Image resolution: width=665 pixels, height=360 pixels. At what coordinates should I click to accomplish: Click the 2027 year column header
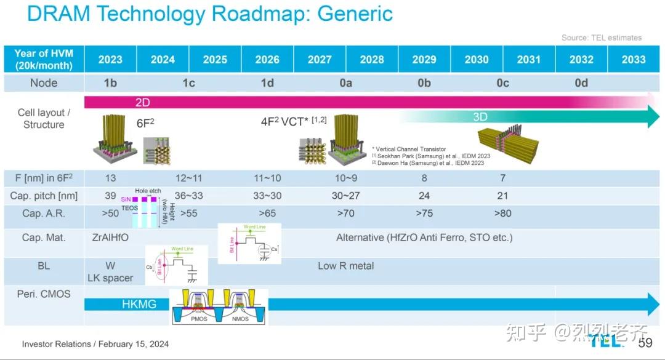tap(320, 60)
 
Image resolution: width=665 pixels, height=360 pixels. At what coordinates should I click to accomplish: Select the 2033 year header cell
tap(634, 60)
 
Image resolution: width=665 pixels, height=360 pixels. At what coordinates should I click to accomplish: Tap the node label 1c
tap(188, 83)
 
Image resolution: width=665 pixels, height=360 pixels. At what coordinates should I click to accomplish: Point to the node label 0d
tap(581, 83)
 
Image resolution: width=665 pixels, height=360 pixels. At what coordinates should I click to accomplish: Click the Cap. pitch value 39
tap(110, 196)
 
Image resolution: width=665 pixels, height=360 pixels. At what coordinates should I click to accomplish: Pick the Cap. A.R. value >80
tap(502, 214)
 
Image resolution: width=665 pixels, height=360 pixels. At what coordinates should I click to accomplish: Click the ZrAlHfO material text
tap(110, 237)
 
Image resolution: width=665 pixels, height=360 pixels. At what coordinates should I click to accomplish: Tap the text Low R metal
tap(345, 266)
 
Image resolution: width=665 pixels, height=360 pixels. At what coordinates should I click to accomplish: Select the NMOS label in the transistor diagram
tap(240, 319)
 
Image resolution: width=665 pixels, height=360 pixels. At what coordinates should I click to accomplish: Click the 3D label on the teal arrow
tap(480, 117)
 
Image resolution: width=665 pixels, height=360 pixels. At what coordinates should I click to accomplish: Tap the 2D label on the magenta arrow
tap(142, 102)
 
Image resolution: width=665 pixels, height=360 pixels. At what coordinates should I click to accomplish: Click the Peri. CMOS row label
tap(44, 294)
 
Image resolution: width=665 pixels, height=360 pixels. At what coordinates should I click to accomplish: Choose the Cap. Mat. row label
tap(44, 238)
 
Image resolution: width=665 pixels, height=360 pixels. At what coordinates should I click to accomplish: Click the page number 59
tap(645, 343)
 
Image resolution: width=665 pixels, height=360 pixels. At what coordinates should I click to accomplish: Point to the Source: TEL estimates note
tap(601, 38)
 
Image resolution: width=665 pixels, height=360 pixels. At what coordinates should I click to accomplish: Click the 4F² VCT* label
tap(286, 122)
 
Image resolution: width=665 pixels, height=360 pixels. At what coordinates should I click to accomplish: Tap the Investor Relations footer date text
tap(95, 344)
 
